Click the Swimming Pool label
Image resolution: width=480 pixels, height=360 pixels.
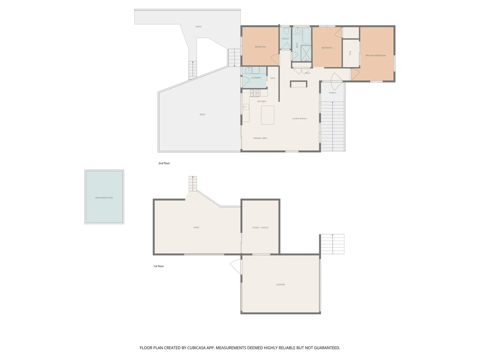click(x=104, y=198)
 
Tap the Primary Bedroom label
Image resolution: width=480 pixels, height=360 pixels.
click(x=375, y=56)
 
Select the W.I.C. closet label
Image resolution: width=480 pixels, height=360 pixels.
click(x=350, y=53)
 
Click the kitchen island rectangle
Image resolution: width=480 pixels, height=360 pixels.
click(x=267, y=115)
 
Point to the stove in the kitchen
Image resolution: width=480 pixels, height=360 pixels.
click(x=255, y=93)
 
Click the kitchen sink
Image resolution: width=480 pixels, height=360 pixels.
click(x=246, y=107)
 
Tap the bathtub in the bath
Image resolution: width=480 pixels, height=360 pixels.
click(x=306, y=36)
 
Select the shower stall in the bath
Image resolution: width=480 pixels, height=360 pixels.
click(x=306, y=53)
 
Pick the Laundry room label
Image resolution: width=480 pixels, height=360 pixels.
click(x=256, y=78)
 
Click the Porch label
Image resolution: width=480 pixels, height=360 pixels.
click(x=332, y=93)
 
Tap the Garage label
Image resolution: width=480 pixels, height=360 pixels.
click(x=281, y=285)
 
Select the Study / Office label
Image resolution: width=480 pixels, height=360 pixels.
click(x=260, y=228)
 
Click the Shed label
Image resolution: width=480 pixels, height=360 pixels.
click(x=196, y=228)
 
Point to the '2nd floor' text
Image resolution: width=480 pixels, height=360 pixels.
click(x=164, y=163)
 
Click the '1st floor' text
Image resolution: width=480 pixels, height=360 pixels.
click(x=159, y=266)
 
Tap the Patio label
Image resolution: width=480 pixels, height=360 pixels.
click(x=199, y=27)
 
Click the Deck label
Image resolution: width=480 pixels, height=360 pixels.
click(x=202, y=115)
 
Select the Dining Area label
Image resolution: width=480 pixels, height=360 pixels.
click(x=260, y=138)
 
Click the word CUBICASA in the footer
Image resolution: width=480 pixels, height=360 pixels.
click(x=196, y=348)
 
